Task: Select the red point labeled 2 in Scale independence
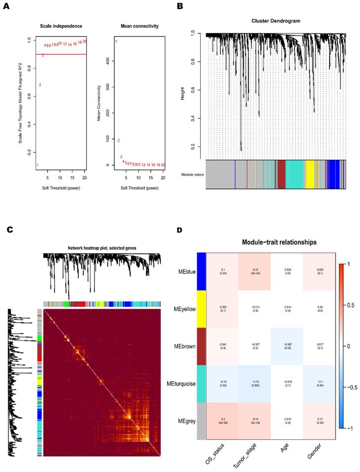point(40,84)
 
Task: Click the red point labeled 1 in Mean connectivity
point(116,41)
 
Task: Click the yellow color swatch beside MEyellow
point(201,309)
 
